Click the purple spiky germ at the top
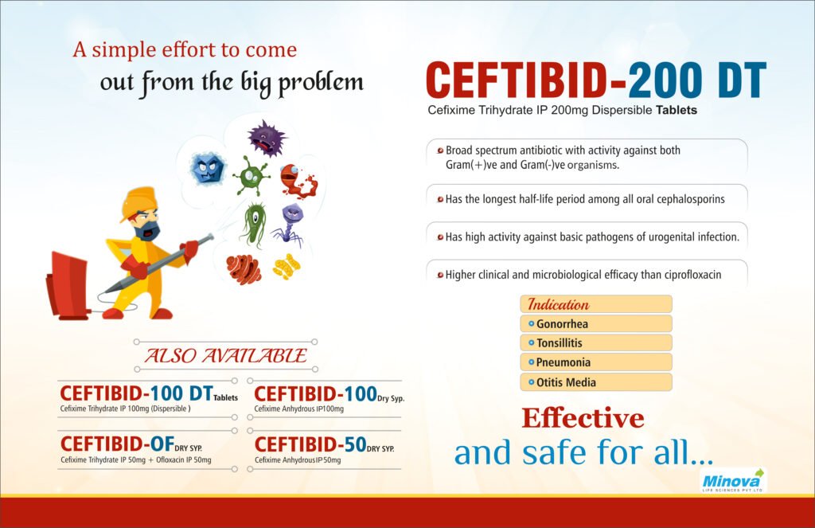pyautogui.click(x=266, y=137)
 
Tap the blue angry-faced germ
pyautogui.click(x=209, y=168)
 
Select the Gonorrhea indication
pyautogui.click(x=562, y=324)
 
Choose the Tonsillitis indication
pyautogui.click(x=559, y=343)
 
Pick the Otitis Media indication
pyautogui.click(x=566, y=382)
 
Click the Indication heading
pyautogui.click(x=559, y=304)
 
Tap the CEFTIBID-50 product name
pyautogui.click(x=310, y=444)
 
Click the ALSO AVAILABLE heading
pyautogui.click(x=224, y=355)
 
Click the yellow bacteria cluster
pyautogui.click(x=287, y=265)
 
